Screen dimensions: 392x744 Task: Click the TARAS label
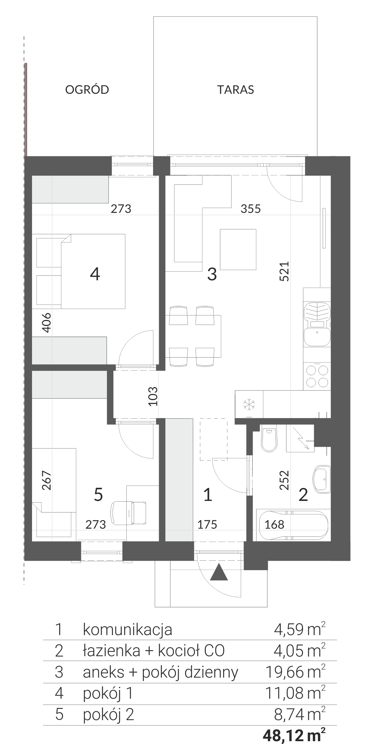tap(235, 90)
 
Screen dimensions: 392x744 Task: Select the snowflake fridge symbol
tap(249, 404)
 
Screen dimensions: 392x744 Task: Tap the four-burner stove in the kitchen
tap(317, 376)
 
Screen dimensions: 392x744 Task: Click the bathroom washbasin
tap(322, 479)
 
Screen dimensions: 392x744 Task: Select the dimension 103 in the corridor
tap(153, 396)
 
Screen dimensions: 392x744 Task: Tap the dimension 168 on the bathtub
tap(274, 524)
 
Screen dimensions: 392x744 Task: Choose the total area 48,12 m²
tap(294, 735)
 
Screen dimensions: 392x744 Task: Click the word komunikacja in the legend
tap(127, 629)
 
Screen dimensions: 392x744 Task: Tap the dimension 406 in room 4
tap(46, 322)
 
